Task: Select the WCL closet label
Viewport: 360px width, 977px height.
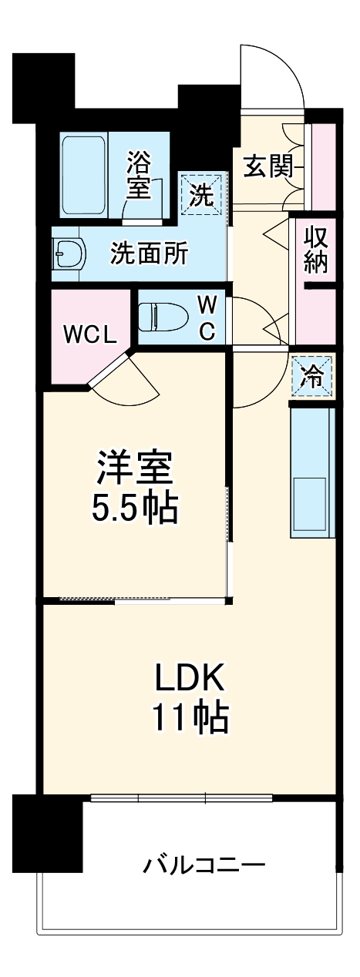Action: [x=89, y=334]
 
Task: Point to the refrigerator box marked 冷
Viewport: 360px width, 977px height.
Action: [x=313, y=377]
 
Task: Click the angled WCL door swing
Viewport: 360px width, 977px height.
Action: [x=127, y=381]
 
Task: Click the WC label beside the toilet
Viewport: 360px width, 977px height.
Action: [x=206, y=317]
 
